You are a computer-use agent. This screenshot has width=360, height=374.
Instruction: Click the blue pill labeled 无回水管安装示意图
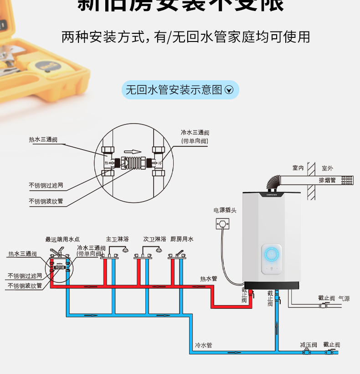point(180,90)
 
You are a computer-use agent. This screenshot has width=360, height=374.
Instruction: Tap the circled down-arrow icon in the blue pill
point(229,90)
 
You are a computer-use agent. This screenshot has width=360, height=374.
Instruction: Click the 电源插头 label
point(225,210)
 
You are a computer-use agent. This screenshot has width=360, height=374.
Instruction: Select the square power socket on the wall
point(223,223)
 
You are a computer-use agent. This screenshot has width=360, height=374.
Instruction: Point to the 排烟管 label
point(327,180)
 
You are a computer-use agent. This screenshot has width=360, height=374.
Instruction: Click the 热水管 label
point(208,278)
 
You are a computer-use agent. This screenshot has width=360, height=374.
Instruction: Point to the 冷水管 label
point(203,345)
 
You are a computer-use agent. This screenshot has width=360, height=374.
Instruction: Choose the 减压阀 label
point(309,345)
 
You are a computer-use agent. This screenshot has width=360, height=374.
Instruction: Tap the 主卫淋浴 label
point(117,239)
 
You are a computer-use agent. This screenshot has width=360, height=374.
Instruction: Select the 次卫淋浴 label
point(154,239)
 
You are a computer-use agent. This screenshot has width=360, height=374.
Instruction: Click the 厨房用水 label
point(182,239)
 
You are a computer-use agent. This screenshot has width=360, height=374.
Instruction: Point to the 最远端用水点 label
point(62,239)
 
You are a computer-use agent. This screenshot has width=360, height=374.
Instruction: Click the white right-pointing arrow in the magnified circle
point(133,151)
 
